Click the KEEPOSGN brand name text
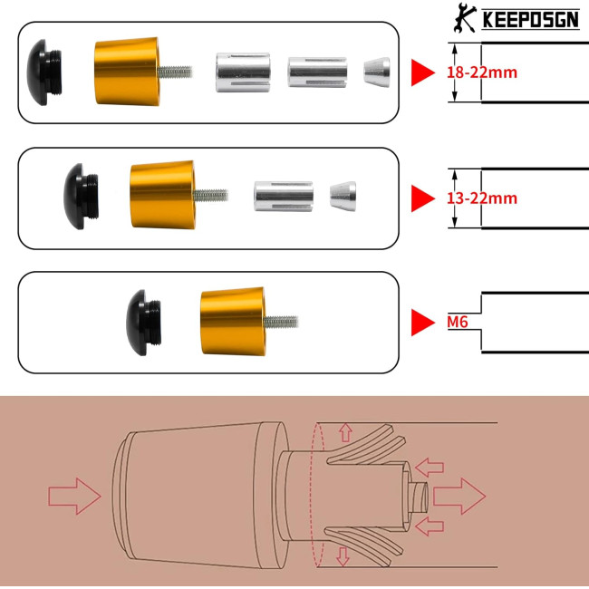[530, 19]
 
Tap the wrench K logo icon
[465, 17]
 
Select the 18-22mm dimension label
[482, 72]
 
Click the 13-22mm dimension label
[482, 198]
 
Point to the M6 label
[458, 322]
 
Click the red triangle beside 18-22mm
[423, 72]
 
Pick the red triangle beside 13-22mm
[423, 198]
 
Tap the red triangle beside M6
[423, 323]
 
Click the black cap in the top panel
[44, 72]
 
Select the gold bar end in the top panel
[127, 72]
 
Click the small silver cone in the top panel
[376, 72]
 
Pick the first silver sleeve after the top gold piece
[243, 72]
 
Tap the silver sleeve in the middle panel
[284, 196]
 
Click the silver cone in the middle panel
[343, 196]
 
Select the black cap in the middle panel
[81, 196]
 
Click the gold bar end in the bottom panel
[233, 322]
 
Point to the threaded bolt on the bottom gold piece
[281, 322]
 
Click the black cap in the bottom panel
[143, 323]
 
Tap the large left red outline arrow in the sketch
[74, 496]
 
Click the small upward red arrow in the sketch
[345, 432]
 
